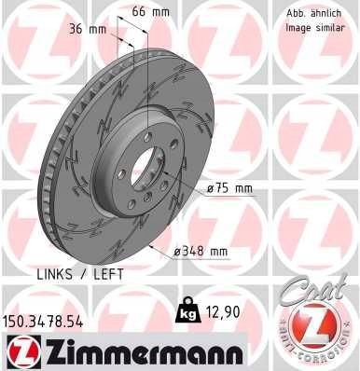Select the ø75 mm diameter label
[x=228, y=187]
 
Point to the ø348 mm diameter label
[x=202, y=251]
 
